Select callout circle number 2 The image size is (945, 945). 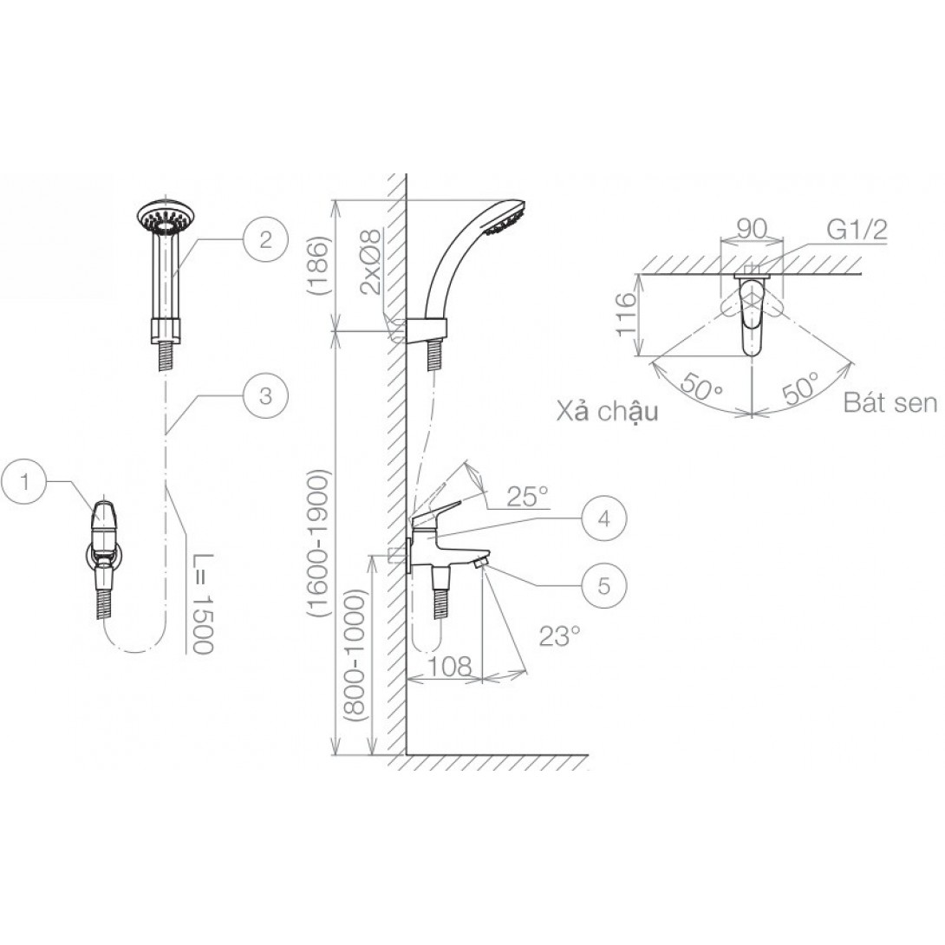[266, 240]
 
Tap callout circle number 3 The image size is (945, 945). [266, 396]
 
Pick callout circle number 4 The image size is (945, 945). [604, 518]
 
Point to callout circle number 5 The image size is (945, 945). [604, 585]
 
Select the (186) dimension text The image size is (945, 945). [318, 266]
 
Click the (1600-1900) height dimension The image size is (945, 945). [317, 543]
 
